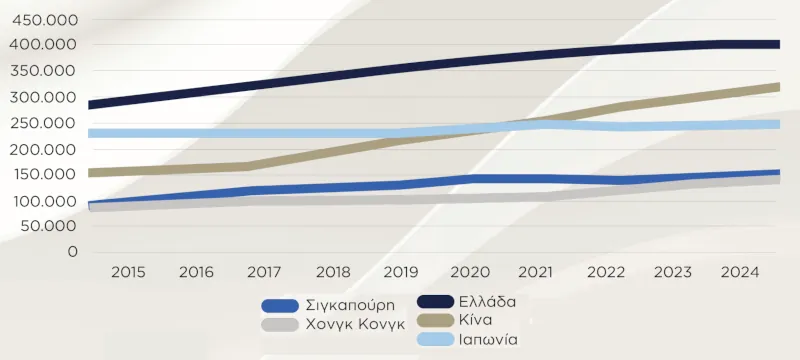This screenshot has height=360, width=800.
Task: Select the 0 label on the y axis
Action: click(72, 252)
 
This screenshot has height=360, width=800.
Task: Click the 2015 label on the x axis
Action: click(129, 272)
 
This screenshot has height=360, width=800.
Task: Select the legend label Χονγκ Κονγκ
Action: click(357, 324)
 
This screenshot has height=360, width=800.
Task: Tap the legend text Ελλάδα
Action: click(489, 300)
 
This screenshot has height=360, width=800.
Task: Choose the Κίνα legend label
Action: click(475, 319)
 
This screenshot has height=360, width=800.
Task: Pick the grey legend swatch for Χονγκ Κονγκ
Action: click(281, 325)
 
